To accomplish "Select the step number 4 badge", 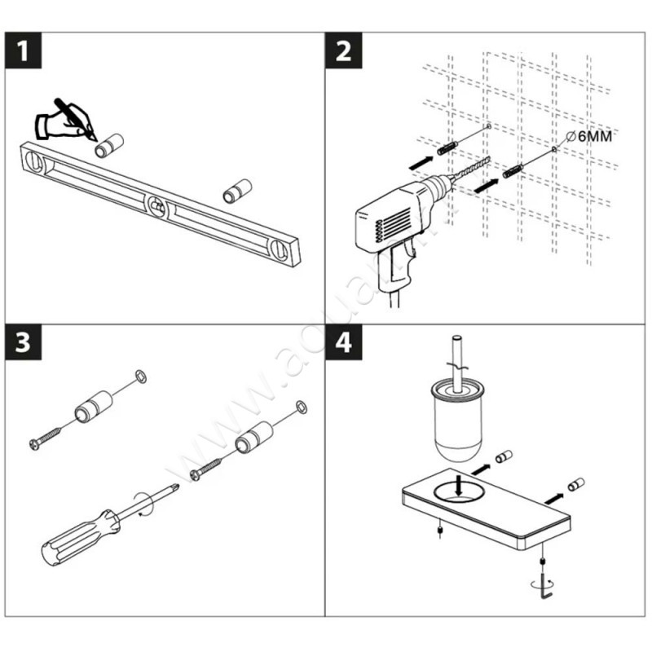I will (x=343, y=343).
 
